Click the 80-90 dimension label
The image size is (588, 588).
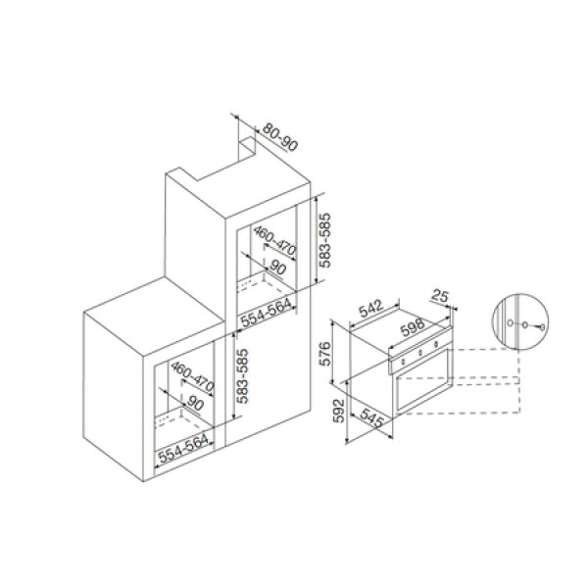279,136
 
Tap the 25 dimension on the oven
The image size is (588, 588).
440,296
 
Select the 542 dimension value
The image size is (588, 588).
371,308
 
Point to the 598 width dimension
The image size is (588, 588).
413,327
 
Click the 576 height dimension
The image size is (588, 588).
324,354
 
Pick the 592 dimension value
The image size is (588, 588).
339,411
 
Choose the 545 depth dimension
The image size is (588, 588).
371,417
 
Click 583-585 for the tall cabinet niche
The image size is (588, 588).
324,240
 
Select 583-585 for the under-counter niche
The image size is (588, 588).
242,376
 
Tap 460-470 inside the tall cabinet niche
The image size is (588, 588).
274,241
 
